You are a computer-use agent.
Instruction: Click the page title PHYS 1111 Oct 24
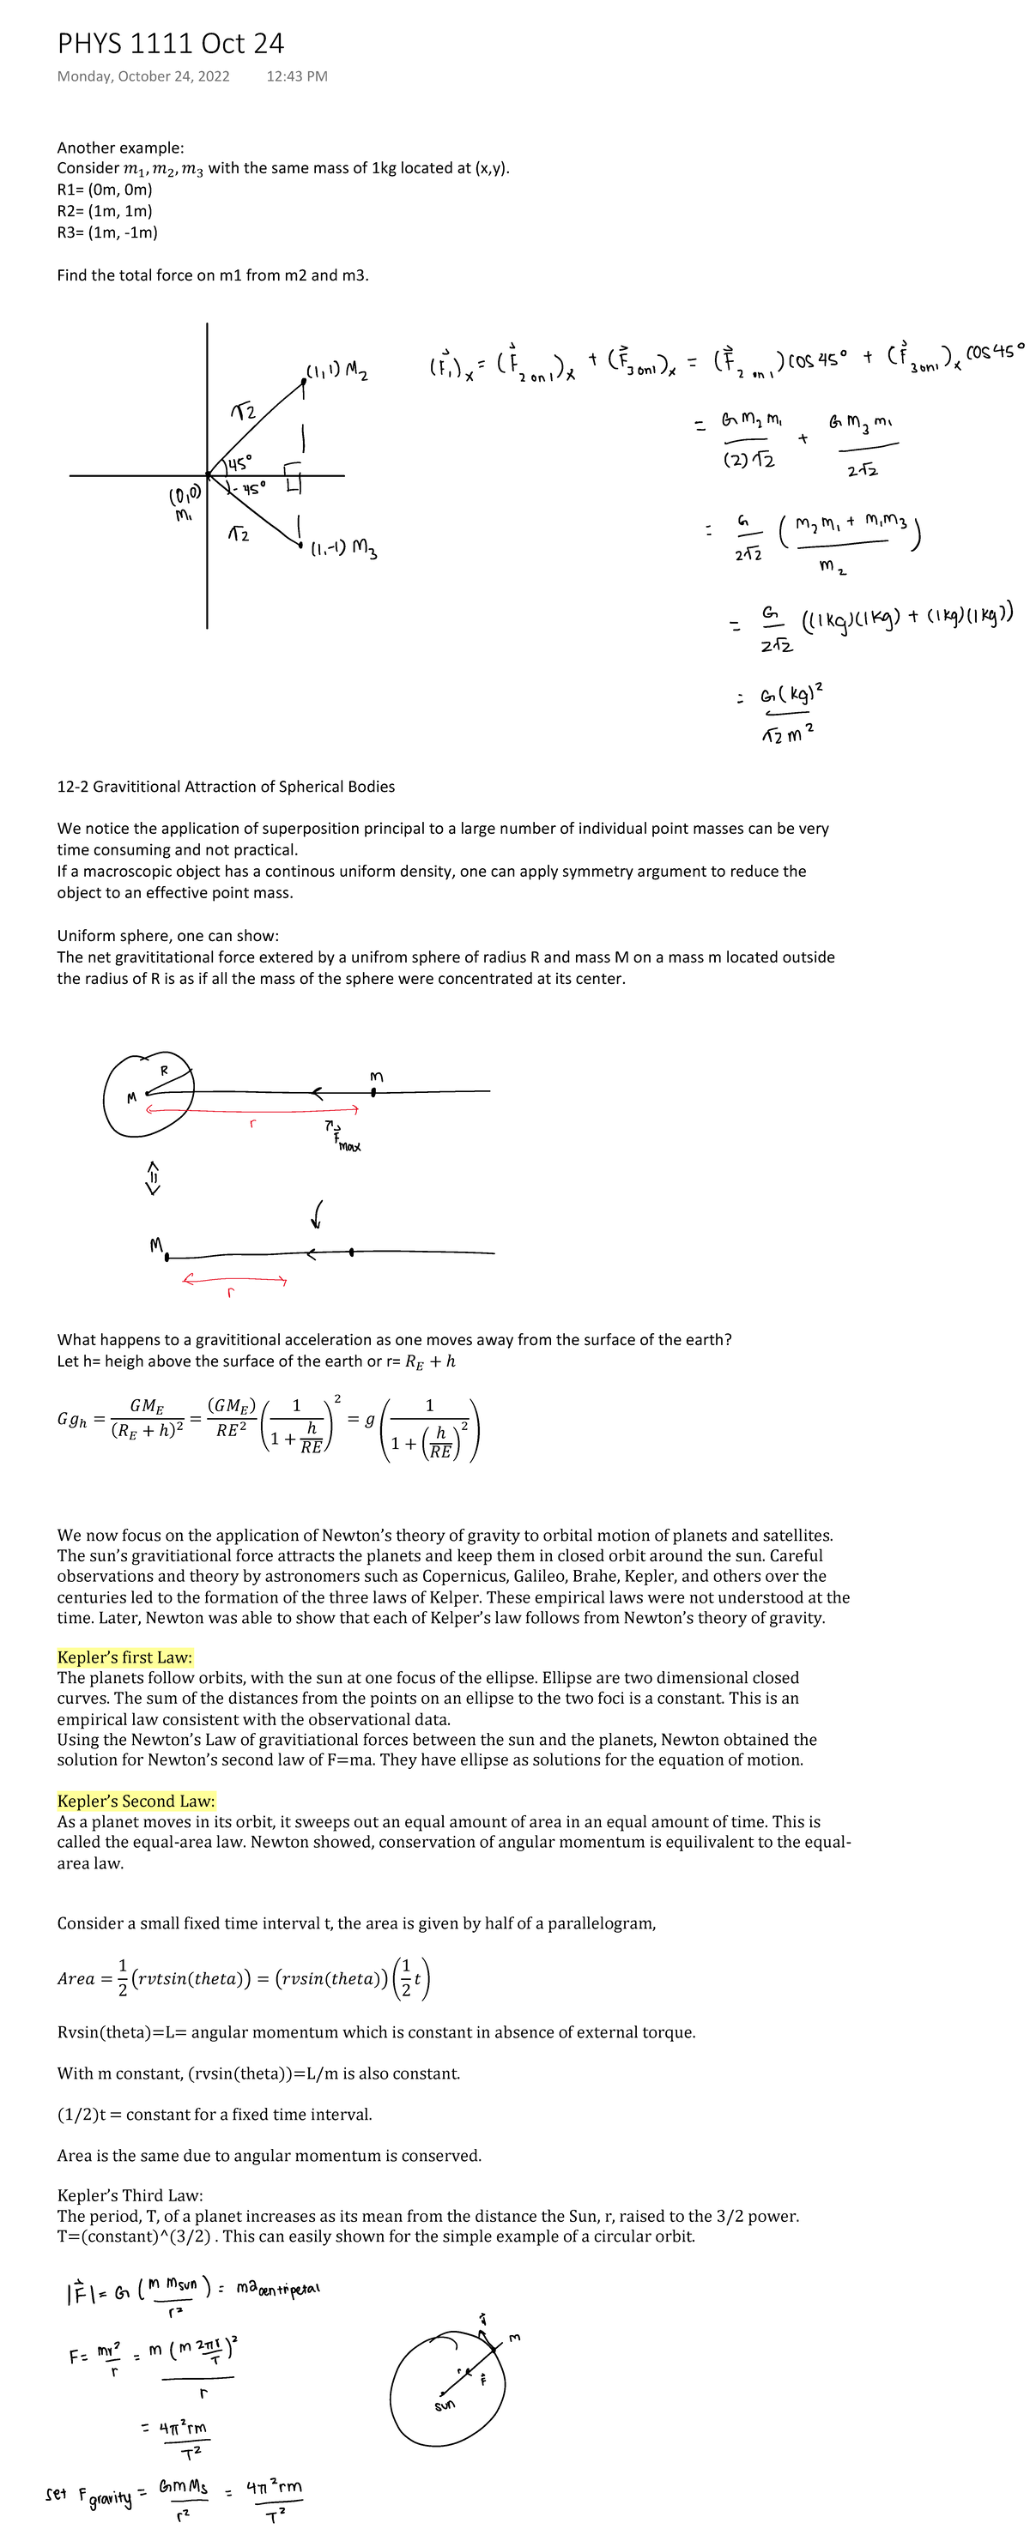[170, 43]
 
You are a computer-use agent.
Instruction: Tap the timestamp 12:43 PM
[296, 76]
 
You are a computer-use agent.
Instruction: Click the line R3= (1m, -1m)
[107, 232]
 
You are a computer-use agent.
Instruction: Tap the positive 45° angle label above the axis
[239, 461]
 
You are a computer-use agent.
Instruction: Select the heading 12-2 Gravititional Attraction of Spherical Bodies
[226, 787]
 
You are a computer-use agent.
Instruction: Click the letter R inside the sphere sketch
[164, 1069]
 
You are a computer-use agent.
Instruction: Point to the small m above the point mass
[375, 1077]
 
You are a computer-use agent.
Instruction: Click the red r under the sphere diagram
[252, 1123]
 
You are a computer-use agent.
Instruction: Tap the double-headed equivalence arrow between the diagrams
[152, 1177]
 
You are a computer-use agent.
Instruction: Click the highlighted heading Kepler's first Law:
[124, 1657]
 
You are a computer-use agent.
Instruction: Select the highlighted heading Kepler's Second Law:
[136, 1801]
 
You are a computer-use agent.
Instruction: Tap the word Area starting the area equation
[76, 1979]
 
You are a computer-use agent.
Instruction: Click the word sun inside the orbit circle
[445, 2405]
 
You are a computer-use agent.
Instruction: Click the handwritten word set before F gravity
[56, 2493]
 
